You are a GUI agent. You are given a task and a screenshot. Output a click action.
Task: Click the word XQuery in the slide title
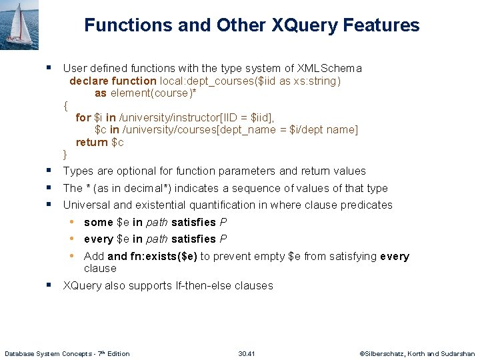tap(304, 25)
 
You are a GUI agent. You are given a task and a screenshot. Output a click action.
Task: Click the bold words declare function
tap(113, 81)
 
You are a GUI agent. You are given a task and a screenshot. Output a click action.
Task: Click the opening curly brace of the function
tap(65, 105)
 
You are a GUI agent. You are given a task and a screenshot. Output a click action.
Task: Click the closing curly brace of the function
tap(65, 155)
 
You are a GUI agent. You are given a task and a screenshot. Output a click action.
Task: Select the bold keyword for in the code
tap(83, 117)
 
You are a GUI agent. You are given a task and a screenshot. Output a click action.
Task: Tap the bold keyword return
tap(91, 142)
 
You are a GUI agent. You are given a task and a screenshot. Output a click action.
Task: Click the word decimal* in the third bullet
tap(156, 189)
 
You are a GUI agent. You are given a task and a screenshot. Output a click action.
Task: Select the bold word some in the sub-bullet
tap(99, 222)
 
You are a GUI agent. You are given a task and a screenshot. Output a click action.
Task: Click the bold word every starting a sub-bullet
tap(99, 239)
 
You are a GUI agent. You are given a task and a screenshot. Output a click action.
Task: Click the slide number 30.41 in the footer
tap(247, 353)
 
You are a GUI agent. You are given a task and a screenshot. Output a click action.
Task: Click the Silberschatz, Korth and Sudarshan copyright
tap(417, 353)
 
